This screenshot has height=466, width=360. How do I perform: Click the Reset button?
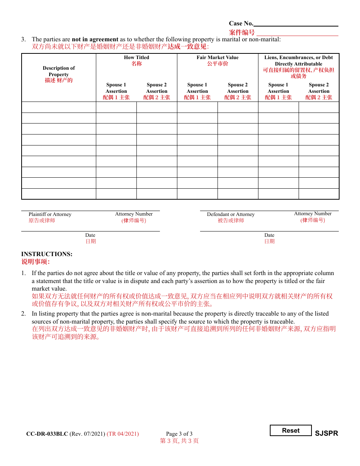coord(291,430)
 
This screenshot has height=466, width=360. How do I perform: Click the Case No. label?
coord(241,23)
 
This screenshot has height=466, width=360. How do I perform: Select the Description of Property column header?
coord(59,71)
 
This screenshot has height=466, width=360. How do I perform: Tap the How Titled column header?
coord(136,58)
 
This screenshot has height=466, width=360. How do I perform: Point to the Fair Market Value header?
coord(218,58)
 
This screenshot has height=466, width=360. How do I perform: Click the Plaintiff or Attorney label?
coord(50,214)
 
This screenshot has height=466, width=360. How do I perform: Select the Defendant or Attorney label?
coord(231,214)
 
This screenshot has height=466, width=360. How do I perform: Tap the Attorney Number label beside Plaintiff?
coord(134,214)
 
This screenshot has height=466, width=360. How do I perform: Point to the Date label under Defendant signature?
coord(269,235)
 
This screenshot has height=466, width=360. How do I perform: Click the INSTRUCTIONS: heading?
coord(47,254)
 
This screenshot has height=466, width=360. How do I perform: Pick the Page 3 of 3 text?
coord(179,434)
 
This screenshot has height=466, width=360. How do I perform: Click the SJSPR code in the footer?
coord(326,433)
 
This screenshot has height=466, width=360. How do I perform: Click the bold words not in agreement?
coord(95,39)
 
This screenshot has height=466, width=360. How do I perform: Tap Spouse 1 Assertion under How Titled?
coord(116,88)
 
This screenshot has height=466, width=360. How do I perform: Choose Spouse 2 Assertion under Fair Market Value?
coord(238,88)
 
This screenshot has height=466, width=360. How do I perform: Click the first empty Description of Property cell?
coord(59,107)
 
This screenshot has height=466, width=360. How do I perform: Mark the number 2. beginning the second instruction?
coord(23,314)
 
